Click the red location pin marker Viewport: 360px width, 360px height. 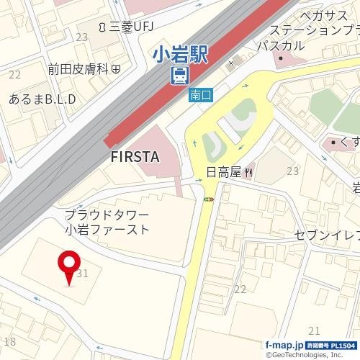pos(70,268)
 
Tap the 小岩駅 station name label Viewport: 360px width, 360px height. pos(179,55)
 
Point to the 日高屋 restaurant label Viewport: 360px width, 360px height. pos(224,172)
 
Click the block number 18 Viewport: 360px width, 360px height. pos(9,341)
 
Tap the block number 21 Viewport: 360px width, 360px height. pos(313,330)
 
